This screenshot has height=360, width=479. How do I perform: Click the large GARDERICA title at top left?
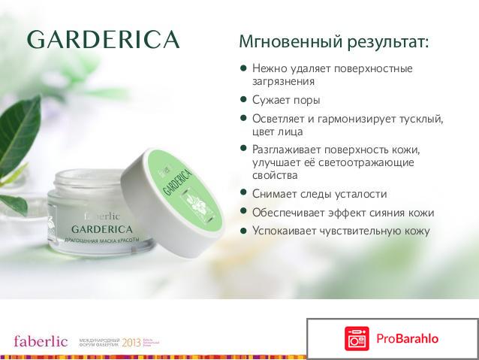pos(104,39)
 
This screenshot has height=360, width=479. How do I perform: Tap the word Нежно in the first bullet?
pos(270,68)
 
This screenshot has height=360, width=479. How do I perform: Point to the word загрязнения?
pos(284,81)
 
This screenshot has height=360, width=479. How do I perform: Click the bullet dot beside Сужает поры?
pos(243,99)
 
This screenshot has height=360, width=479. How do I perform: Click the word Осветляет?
pos(280,119)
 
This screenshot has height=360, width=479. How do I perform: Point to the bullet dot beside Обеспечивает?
pos(243,211)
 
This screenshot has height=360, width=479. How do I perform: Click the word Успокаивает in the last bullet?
pos(286,231)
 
